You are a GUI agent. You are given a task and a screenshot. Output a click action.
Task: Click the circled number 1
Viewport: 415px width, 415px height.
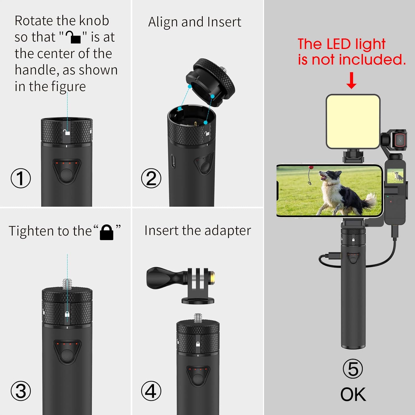(21, 178)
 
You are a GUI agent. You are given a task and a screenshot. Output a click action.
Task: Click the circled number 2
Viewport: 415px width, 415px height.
(151, 178)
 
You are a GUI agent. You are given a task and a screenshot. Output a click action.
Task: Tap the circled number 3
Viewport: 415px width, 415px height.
(21, 391)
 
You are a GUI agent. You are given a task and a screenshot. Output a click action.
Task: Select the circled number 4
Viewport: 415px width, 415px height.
(151, 391)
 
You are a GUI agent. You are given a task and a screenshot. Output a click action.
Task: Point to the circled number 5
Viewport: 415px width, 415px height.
(353, 369)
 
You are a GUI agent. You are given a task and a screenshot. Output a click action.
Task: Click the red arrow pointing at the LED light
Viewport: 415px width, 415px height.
(351, 81)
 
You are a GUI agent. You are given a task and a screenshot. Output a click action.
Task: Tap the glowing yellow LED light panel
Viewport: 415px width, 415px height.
(353, 122)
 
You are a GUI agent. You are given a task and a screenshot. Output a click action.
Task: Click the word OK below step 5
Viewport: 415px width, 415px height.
(353, 394)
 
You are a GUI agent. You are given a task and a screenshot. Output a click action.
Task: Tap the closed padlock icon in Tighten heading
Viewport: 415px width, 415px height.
(107, 232)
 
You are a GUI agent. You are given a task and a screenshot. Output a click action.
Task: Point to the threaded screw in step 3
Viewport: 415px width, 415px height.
(67, 284)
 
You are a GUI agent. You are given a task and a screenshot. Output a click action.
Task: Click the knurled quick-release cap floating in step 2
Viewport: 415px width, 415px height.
(210, 82)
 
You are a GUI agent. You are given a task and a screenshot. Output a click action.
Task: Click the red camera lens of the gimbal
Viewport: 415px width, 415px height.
(400, 140)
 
